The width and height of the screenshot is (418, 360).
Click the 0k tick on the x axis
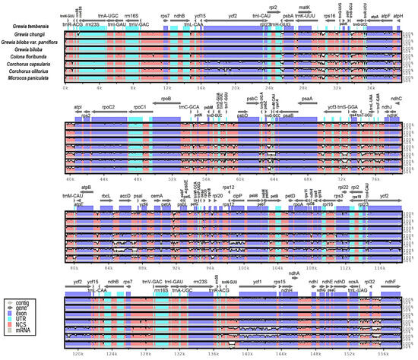point(65,88)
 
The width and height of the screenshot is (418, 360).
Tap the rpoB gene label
point(166,98)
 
